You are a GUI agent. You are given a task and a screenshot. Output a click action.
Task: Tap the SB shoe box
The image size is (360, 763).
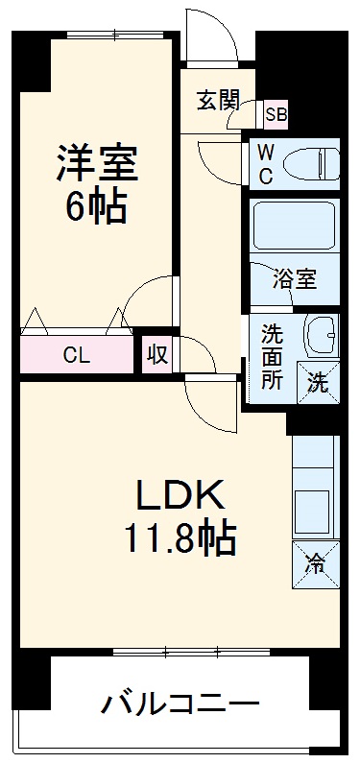point(276,114)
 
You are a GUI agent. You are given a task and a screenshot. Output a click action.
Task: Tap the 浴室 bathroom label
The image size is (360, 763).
point(293,279)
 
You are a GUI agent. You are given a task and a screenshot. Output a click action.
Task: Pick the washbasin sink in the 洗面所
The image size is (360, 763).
point(320,335)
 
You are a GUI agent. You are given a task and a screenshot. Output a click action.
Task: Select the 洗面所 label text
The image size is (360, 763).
point(272,356)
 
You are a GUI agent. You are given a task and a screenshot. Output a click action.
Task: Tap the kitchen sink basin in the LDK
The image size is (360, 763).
point(314,505)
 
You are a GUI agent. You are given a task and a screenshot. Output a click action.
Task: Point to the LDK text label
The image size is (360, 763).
point(180,496)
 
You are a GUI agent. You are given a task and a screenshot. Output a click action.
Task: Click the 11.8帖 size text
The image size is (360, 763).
point(180,539)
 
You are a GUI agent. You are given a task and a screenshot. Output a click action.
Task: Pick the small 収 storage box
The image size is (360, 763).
point(158,354)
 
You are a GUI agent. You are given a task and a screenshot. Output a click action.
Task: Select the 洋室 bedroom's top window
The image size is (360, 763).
point(119,35)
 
